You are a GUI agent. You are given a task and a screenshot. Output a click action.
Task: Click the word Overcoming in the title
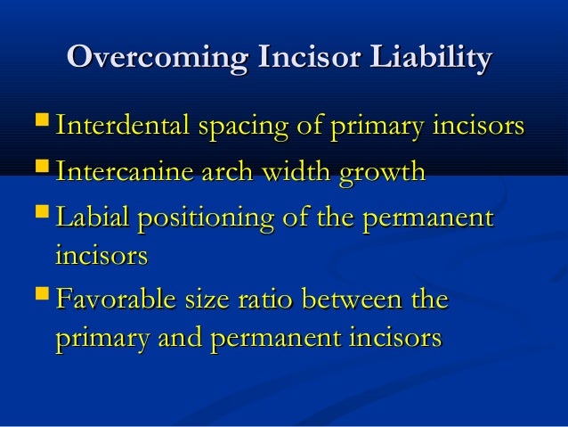pyautogui.click(x=157, y=59)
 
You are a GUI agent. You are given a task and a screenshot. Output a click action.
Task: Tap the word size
pyautogui.click(x=199, y=300)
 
